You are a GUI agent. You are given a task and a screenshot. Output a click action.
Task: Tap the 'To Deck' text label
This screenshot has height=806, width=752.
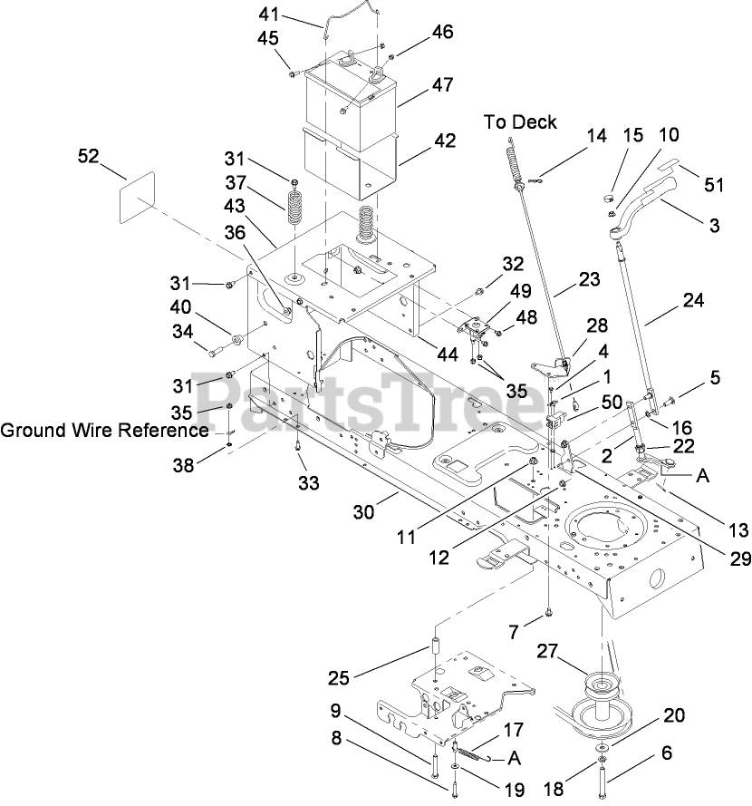520,121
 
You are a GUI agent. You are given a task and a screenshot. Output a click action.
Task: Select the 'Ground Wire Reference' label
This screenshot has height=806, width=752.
103,430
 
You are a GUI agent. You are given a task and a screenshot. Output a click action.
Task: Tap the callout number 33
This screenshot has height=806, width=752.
309,483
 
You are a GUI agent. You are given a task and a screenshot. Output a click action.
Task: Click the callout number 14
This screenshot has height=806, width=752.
596,136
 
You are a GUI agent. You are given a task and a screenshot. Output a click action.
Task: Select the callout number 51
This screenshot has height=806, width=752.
715,185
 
